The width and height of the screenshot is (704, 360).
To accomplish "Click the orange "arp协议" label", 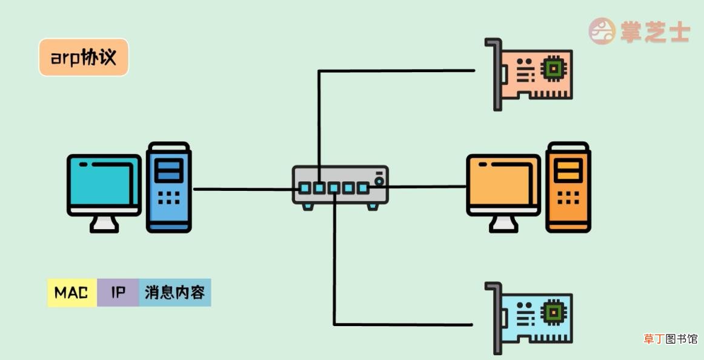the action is coord(84,57).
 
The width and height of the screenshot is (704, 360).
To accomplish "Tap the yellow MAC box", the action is coord(72,293).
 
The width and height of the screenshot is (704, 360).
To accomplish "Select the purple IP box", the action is coord(118,293).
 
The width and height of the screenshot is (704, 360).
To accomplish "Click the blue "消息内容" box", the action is coord(175,293).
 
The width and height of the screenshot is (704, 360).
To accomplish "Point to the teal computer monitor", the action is coord(104,185).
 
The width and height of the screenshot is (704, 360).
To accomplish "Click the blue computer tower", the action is coord(169,187).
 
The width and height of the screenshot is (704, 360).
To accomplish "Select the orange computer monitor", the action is coord(503,185).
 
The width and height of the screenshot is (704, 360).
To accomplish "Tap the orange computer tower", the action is coord(568,187).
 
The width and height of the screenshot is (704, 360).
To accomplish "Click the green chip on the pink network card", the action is coord(554,68).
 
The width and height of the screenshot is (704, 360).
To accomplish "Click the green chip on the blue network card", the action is coord(554,313).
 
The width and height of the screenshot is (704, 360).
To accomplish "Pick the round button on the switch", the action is coord(379,181).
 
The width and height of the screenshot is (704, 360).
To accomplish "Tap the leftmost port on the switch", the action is coord(305,188).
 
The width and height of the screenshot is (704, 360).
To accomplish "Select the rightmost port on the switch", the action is coord(363,188).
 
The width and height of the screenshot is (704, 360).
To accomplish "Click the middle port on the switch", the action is coord(334,188).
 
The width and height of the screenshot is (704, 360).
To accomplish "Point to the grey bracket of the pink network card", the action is coord(496,74).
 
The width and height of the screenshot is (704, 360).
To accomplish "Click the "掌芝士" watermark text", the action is coord(655,32).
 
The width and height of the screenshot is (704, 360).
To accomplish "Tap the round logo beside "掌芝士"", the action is coord(602,31).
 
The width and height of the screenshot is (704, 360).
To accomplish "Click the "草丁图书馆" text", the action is coord(670,339).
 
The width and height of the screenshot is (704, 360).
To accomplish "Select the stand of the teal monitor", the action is coord(104,224).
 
